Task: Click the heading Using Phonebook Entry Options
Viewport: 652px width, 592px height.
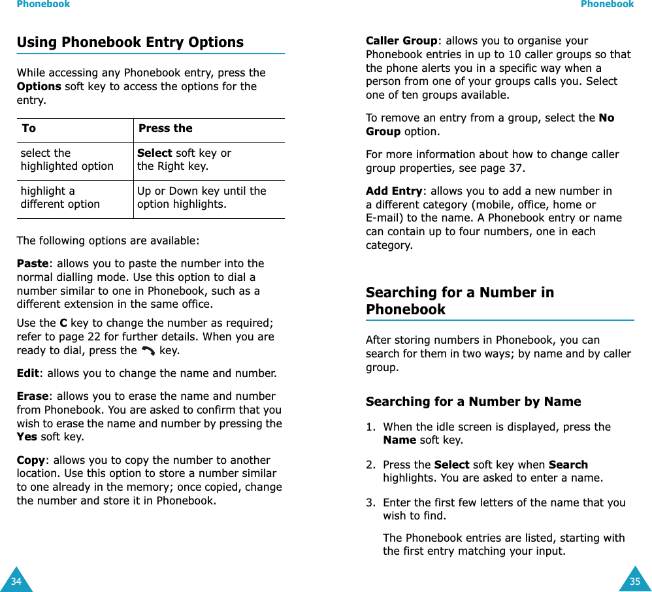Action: (130, 42)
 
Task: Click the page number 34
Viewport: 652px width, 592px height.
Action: (16, 581)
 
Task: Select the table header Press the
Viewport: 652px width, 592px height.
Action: (165, 129)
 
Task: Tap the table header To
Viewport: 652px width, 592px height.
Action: (29, 129)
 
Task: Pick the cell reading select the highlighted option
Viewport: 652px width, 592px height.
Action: (67, 160)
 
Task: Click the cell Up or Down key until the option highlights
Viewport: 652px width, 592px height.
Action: (201, 198)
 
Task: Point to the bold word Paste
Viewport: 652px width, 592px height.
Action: (33, 264)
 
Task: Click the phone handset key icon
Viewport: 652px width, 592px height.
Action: (148, 352)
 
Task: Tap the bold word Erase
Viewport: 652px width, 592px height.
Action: (32, 397)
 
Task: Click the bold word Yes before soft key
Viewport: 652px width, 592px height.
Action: (27, 437)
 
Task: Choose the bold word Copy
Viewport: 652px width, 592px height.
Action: (31, 460)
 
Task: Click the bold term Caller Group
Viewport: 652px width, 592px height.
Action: (401, 41)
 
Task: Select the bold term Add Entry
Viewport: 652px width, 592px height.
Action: (394, 191)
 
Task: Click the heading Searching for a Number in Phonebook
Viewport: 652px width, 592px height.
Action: (459, 301)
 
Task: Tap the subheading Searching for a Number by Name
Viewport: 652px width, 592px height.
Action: (473, 402)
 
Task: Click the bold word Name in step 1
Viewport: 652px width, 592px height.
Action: (399, 440)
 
